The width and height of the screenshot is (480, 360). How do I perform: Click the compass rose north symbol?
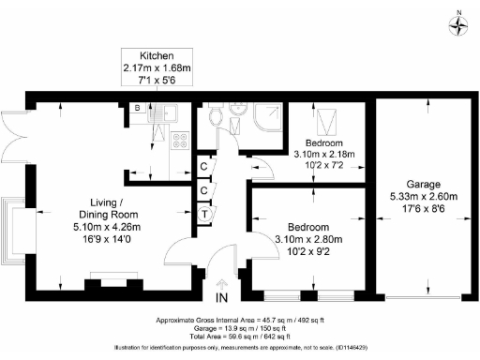tap(458, 25)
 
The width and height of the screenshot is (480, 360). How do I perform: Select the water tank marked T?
tap(205, 213)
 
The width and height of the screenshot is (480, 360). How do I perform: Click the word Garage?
tap(423, 184)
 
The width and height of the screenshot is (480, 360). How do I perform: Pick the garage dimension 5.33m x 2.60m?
tap(423, 197)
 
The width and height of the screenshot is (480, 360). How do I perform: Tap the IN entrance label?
tap(221, 298)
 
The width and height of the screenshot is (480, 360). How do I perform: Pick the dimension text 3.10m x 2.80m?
tap(307, 240)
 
